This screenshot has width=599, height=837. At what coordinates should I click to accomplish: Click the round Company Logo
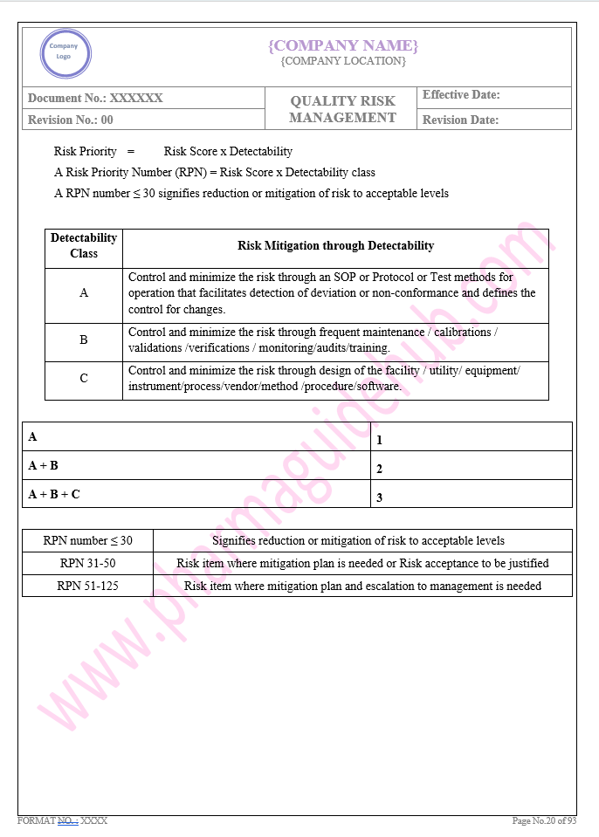[64, 53]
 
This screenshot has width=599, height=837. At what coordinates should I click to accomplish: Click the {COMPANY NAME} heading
[343, 45]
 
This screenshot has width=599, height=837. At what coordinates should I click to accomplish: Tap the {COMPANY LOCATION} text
[343, 61]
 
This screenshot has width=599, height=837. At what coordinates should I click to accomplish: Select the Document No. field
[95, 99]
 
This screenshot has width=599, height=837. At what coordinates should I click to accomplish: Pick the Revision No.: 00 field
[71, 120]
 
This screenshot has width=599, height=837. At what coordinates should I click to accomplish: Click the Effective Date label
[461, 95]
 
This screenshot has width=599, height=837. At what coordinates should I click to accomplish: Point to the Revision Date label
[460, 120]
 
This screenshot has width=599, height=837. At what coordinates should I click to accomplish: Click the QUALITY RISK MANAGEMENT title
[342, 109]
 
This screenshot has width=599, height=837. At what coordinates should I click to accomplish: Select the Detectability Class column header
[84, 245]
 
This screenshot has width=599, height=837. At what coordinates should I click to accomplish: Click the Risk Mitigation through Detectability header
[335, 246]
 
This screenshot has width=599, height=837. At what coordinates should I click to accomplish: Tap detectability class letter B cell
[84, 340]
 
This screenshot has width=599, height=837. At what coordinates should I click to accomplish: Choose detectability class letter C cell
[84, 379]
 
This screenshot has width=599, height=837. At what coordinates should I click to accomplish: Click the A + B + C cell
[54, 494]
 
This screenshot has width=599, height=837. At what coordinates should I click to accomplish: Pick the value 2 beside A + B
[380, 469]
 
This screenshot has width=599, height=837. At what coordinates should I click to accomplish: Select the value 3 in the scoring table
[380, 498]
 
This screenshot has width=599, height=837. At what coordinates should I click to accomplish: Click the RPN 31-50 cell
[87, 563]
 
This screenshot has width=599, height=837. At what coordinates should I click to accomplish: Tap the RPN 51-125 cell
[87, 586]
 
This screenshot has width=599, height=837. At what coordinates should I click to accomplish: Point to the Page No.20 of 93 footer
[544, 820]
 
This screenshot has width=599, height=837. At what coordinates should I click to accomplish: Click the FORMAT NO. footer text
[62, 820]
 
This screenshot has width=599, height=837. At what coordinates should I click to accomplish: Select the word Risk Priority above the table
[85, 151]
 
